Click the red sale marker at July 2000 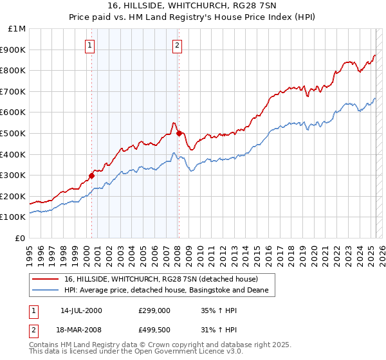click(x=91, y=175)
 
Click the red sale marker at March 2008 click(x=179, y=133)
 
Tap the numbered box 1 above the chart click(x=89, y=45)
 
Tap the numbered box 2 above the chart click(x=177, y=45)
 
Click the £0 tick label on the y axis click(x=21, y=238)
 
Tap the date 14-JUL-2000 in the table click(x=81, y=310)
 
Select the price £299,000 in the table click(x=154, y=310)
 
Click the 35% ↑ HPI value click(x=218, y=310)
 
